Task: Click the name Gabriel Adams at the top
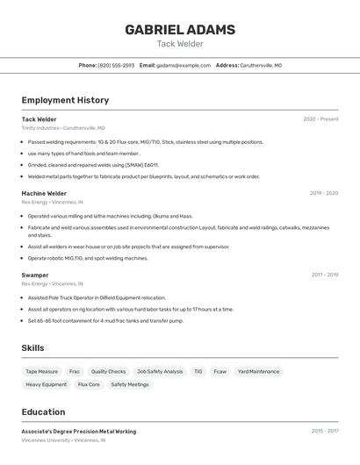click(180, 30)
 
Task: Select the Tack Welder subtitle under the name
click(180, 44)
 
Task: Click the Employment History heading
click(65, 101)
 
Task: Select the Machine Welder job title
click(44, 193)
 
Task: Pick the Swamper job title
click(35, 275)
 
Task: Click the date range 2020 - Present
click(320, 119)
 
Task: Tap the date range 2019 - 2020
click(324, 193)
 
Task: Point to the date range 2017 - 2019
click(324, 275)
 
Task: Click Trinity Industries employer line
click(63, 127)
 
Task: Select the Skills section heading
click(32, 348)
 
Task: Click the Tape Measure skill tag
click(41, 371)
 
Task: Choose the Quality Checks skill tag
click(108, 371)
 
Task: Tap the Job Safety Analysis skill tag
click(160, 371)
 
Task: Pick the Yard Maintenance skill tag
click(258, 371)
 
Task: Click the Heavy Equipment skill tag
click(46, 384)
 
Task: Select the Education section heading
click(43, 412)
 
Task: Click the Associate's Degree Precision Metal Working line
click(79, 432)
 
